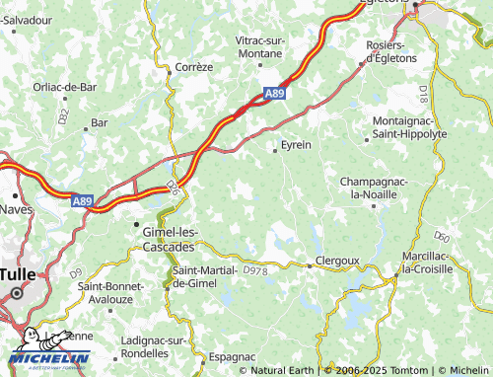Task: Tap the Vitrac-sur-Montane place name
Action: pyautogui.click(x=266, y=45)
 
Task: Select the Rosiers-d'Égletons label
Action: pyautogui.click(x=385, y=51)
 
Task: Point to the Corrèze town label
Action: pyautogui.click(x=193, y=67)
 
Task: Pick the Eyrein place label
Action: pyautogui.click(x=296, y=145)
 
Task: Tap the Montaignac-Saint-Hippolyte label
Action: pyautogui.click(x=409, y=126)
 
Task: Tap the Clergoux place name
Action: pyautogui.click(x=333, y=262)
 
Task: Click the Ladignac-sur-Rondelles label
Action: pyautogui.click(x=153, y=345)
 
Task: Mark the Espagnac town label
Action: pyautogui.click(x=233, y=355)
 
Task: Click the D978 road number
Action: pyautogui.click(x=254, y=268)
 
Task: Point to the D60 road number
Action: pyautogui.click(x=443, y=237)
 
